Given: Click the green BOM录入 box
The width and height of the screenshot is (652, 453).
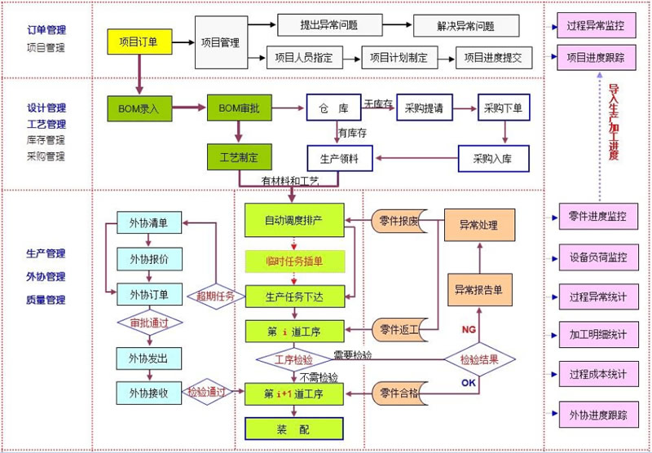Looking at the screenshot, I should tap(139, 108).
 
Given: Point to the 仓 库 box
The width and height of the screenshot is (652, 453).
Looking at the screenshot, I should tap(333, 108).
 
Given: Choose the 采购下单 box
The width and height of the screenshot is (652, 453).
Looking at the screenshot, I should tap(503, 108).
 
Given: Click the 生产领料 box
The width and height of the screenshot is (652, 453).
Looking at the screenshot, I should tap(339, 157).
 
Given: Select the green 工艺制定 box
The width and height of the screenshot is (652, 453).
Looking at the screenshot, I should tap(239, 157).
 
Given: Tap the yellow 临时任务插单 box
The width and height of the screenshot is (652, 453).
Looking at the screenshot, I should tap(295, 260).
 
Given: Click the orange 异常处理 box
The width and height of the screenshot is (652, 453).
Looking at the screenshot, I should tap(478, 225).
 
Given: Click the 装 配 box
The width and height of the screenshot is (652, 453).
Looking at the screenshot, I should tap(294, 428).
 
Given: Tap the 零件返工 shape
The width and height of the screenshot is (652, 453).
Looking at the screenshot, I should tap(399, 329).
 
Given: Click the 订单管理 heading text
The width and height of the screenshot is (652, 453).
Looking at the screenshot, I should tap(46, 30).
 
